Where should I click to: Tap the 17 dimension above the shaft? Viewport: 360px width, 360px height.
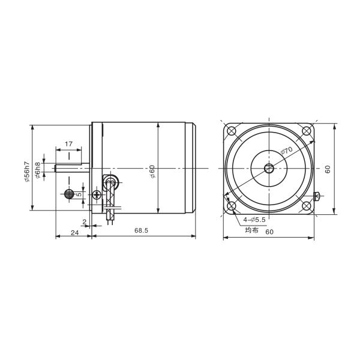(68, 144)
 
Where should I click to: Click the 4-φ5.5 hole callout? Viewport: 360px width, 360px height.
(254, 220)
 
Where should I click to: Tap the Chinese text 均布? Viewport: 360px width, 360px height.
(251, 229)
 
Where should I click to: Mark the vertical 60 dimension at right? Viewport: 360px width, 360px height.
(328, 169)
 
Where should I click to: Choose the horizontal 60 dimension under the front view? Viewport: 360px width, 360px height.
(269, 232)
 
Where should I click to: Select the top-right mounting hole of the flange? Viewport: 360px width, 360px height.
(307, 131)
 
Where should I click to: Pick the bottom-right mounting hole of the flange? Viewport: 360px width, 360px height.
(307, 206)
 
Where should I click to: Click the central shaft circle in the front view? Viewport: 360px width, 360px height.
(269, 169)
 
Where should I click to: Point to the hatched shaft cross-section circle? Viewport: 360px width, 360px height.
(70, 194)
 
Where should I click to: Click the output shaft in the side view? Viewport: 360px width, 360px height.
(72, 169)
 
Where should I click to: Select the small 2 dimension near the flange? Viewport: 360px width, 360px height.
(85, 222)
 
